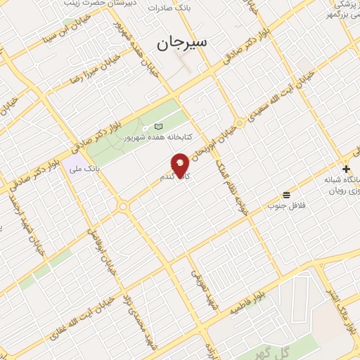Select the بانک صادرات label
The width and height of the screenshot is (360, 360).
click(169, 7)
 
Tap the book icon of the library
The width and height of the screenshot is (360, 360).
click(158, 127)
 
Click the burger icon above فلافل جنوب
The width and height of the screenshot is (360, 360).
click(286, 195)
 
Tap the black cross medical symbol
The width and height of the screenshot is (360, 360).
click(346, 169)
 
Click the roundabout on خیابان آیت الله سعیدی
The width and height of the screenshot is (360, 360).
click(240, 123)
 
